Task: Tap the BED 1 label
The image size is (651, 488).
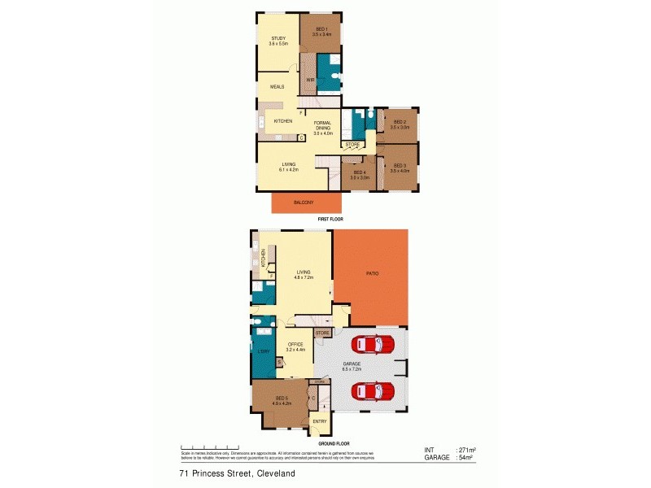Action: click(320, 30)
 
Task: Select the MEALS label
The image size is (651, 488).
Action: click(277, 85)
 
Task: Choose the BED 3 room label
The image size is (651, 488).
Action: click(399, 167)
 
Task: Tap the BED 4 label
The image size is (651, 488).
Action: click(360, 172)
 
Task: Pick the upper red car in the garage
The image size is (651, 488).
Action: click(376, 345)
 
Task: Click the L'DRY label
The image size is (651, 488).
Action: click(264, 351)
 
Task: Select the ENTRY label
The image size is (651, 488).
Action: click(320, 420)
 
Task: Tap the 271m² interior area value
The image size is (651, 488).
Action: click(466, 450)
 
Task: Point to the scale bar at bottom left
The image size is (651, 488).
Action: click(209, 447)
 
